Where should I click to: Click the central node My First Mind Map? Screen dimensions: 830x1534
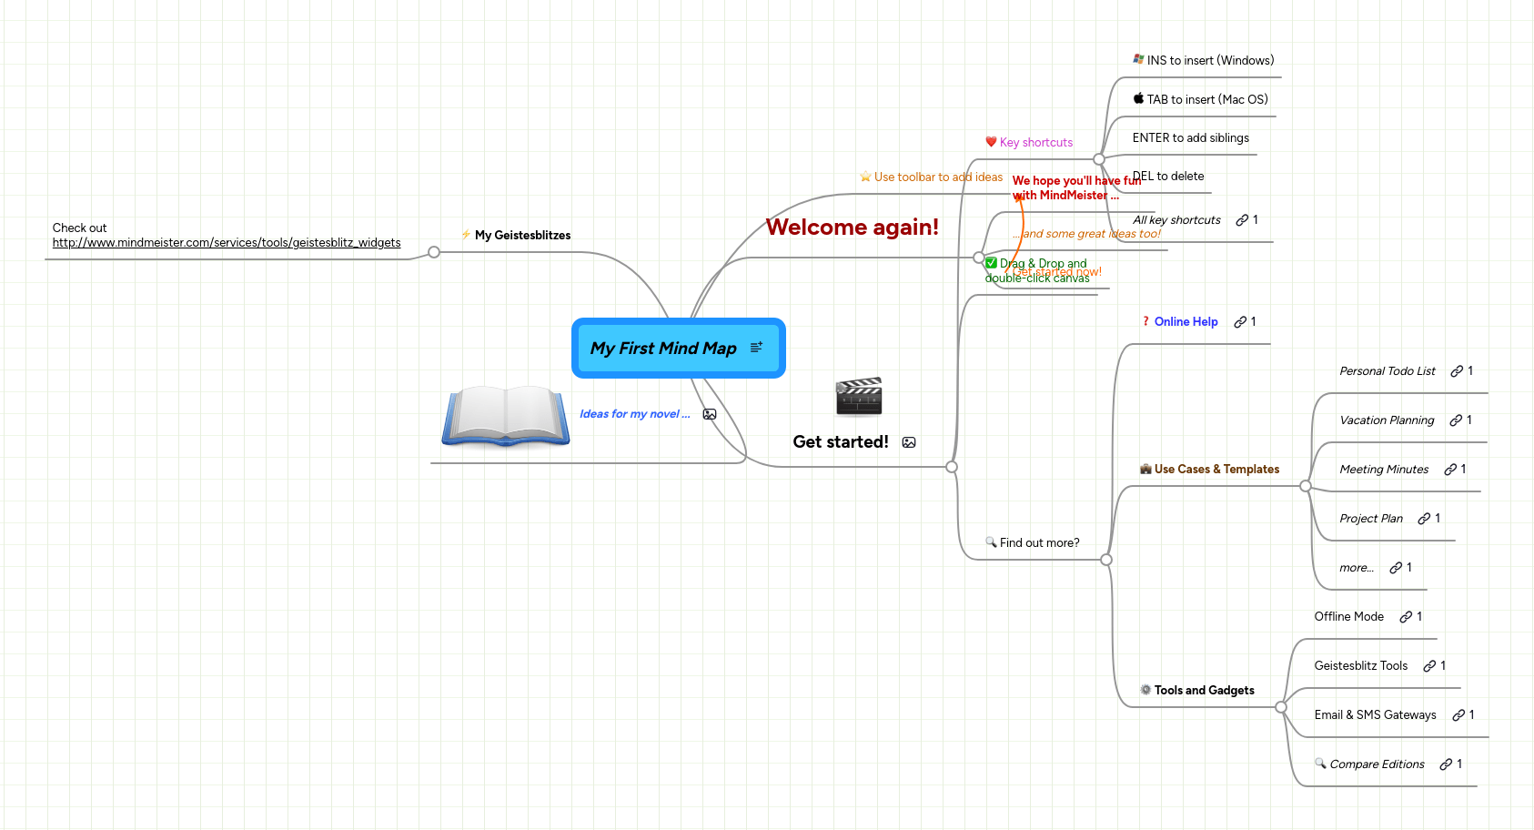point(663,349)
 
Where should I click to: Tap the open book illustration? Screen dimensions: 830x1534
point(506,417)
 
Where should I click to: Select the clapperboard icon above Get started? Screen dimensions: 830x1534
point(859,396)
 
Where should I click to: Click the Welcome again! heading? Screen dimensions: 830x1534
point(852,228)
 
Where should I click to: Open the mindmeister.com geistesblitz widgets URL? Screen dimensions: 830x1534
point(227,243)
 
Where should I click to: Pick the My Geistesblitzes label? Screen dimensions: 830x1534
point(522,236)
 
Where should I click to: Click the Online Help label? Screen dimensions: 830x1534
point(1186,322)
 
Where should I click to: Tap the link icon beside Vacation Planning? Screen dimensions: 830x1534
point(1456,420)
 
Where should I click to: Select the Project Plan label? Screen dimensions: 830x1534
point(1370,519)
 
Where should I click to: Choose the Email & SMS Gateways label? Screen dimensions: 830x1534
point(1375,715)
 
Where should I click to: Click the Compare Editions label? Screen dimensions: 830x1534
point(1377,764)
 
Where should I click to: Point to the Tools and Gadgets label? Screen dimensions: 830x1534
point(1204,691)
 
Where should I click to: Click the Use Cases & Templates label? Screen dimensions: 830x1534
point(1216,470)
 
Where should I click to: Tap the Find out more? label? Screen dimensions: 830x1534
point(1039,543)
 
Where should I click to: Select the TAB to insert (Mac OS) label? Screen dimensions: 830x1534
point(1206,100)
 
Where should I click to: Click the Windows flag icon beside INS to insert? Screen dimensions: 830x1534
point(1138,59)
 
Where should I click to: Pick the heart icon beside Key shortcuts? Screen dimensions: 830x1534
point(991,142)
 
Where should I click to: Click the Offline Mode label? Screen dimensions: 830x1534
point(1348,617)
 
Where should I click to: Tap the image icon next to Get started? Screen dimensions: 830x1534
point(909,442)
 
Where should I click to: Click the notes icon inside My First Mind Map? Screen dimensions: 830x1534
point(756,348)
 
